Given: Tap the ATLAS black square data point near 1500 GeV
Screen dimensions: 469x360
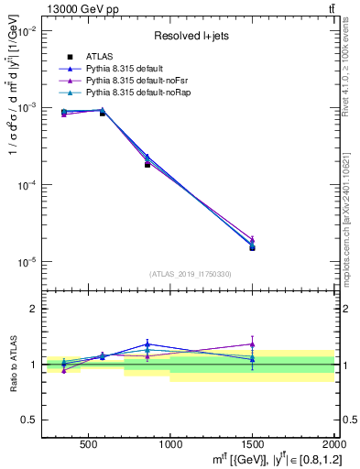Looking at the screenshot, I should (252, 247).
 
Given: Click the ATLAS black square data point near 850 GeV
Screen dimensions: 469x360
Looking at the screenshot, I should (147, 165).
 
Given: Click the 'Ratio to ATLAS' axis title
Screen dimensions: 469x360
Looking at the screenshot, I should (10, 365).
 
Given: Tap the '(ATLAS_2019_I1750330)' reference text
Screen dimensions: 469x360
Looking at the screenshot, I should (190, 274).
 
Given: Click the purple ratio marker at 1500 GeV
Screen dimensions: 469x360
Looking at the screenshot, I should (252, 344).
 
